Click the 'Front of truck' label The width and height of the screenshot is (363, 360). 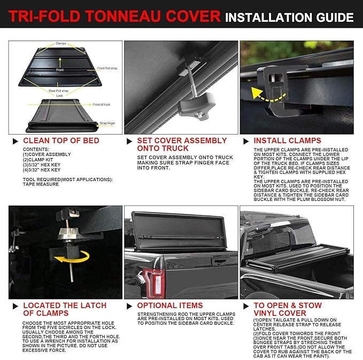pos(101,105)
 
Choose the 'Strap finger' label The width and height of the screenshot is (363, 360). pos(106,123)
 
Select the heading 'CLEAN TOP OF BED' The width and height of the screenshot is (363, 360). pos(61,140)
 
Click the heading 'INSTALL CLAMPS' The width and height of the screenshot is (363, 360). pos(288,140)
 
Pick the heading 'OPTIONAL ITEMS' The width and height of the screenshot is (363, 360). pos(170,306)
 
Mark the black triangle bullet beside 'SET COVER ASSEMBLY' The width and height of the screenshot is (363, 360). pos(129,140)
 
